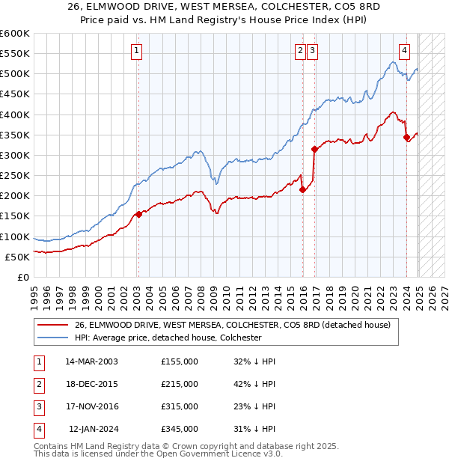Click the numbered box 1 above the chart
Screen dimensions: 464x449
(x=138, y=51)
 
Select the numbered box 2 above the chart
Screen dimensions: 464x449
(x=299, y=51)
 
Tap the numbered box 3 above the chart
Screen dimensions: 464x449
(x=312, y=51)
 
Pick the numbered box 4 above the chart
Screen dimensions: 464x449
(x=404, y=51)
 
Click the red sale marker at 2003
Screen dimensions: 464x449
(x=138, y=214)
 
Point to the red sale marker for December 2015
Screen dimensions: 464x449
(x=303, y=190)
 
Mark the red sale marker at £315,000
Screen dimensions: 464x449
(x=314, y=149)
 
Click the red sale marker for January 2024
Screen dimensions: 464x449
(x=406, y=137)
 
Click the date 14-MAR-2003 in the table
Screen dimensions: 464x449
(x=92, y=361)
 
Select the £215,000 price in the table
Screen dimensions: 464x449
(x=180, y=384)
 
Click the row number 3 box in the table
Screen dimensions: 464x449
(x=38, y=406)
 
